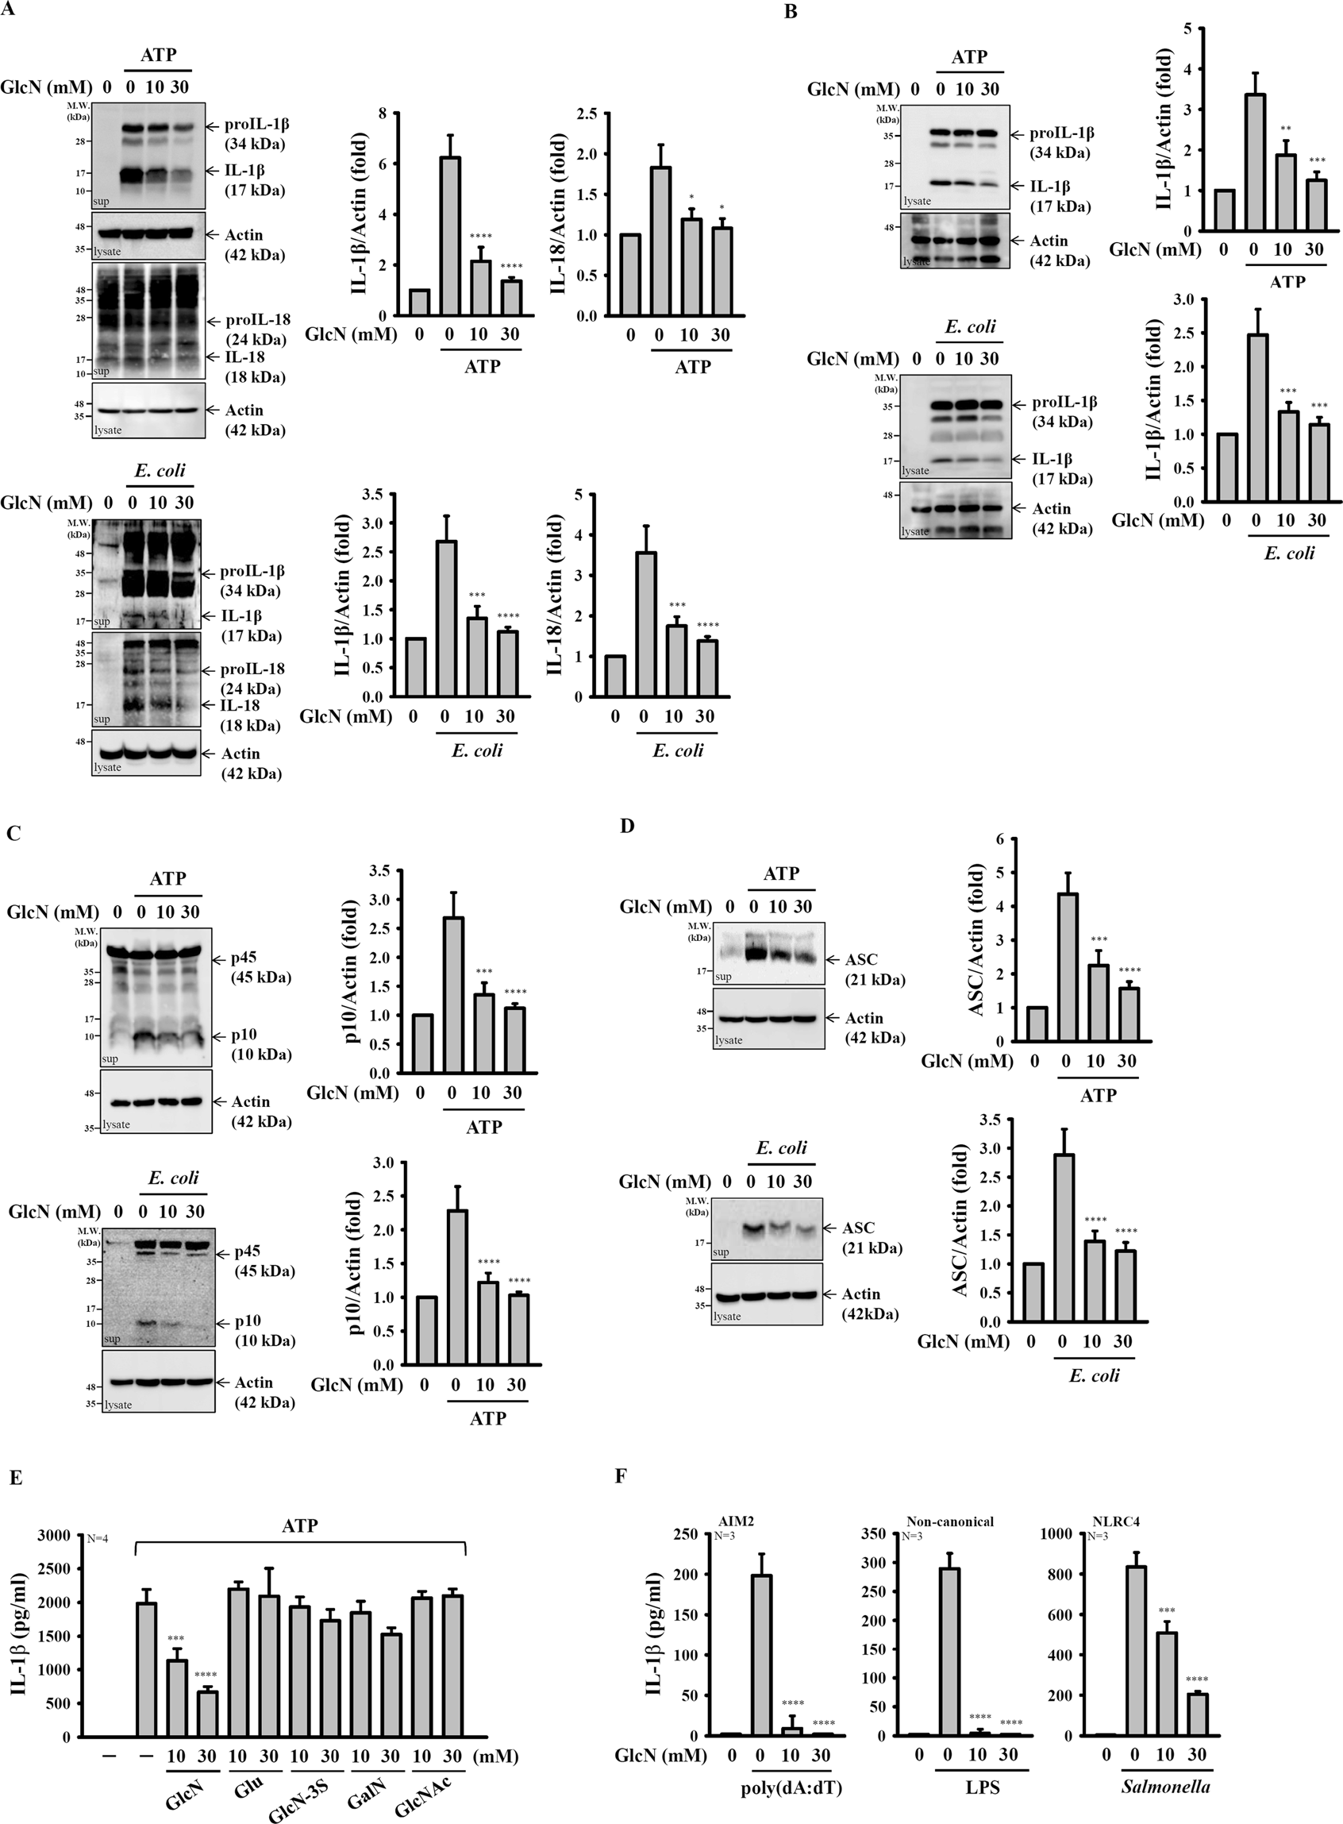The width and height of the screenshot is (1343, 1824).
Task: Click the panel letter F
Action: (x=620, y=1475)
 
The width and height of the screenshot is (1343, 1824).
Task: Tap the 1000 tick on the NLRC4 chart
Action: (x=1064, y=1535)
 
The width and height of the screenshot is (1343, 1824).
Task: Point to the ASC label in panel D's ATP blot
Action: (x=861, y=959)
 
